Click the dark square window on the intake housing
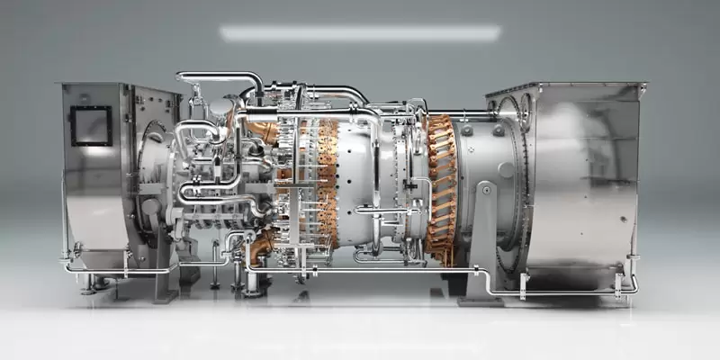point(92,125)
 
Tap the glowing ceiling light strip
point(360,33)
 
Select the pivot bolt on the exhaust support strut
point(486,189)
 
